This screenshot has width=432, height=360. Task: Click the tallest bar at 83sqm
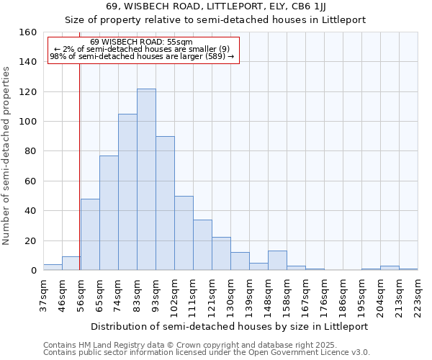click(146, 179)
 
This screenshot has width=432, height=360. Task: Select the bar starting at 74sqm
click(127, 192)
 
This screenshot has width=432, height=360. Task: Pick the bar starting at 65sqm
click(109, 213)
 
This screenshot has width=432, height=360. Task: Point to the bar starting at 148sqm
click(277, 261)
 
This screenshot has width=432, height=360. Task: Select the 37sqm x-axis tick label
click(43, 293)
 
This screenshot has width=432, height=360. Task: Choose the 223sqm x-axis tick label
click(418, 293)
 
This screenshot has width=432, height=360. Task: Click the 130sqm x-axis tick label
click(230, 294)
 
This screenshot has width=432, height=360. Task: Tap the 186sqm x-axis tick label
click(343, 294)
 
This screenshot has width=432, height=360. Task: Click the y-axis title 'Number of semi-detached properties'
click(6, 153)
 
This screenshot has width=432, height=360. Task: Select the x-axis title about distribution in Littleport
click(230, 326)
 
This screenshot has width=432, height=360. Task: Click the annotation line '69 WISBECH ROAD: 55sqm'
click(141, 42)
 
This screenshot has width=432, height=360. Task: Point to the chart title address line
click(215, 6)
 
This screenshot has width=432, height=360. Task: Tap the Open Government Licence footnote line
click(207, 353)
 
